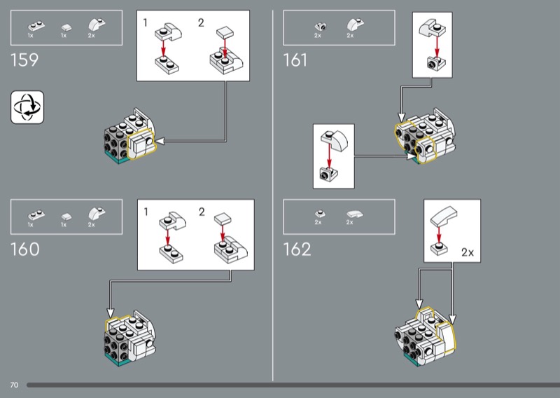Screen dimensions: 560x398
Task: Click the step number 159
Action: point(24,60)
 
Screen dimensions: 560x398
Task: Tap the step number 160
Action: point(25,249)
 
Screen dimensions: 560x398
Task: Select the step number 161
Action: point(295,60)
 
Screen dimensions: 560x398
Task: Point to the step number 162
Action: point(297,249)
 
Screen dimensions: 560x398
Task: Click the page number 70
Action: point(14,385)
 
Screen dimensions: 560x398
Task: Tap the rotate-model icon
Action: point(27,107)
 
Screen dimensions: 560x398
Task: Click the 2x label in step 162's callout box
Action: point(468,252)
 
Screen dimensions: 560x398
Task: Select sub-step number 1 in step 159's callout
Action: point(146,22)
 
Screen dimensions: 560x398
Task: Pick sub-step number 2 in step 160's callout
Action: point(202,212)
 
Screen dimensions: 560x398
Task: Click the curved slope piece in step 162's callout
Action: point(444,216)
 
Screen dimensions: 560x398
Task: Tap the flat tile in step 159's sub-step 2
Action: point(225,33)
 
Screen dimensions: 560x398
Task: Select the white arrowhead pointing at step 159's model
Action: point(160,142)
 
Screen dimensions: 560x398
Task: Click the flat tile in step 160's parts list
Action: point(66,217)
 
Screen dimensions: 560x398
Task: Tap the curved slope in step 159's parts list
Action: point(97,25)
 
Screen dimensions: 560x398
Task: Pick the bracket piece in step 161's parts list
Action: point(321,27)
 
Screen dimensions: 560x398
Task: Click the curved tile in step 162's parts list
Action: point(354,214)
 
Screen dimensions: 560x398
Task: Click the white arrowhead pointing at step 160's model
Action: point(111,314)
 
